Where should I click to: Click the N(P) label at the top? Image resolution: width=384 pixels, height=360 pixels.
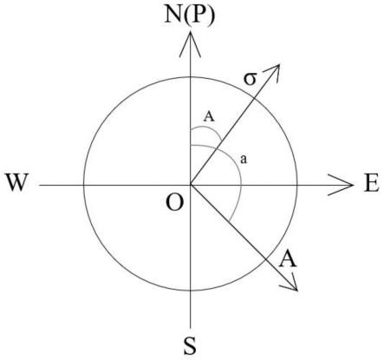point(190,15)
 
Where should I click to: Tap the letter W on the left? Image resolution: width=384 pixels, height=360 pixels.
point(17,182)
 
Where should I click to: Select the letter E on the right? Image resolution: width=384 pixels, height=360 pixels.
point(371,183)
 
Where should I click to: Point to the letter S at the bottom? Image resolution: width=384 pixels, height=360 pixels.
point(190,346)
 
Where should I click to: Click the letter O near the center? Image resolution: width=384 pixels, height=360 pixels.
point(175,202)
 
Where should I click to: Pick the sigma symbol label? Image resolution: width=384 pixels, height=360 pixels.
point(250,79)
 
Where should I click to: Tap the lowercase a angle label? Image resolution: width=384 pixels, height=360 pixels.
point(244,159)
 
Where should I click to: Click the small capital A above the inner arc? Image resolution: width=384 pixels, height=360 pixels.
point(209,117)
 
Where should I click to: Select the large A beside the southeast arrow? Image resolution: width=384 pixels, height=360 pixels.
point(287,259)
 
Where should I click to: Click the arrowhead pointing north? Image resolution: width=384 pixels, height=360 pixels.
point(190,43)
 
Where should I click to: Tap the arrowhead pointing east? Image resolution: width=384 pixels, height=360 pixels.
point(341,185)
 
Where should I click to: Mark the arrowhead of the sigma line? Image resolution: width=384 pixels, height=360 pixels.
point(273,73)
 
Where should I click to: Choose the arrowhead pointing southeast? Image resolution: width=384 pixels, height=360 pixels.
point(290,281)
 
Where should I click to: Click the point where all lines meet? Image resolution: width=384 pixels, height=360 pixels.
point(190,185)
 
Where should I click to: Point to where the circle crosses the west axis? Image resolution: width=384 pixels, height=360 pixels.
point(84,185)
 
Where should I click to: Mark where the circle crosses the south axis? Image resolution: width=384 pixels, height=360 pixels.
point(190,291)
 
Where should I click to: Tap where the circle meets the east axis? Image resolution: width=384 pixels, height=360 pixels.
point(297,185)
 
